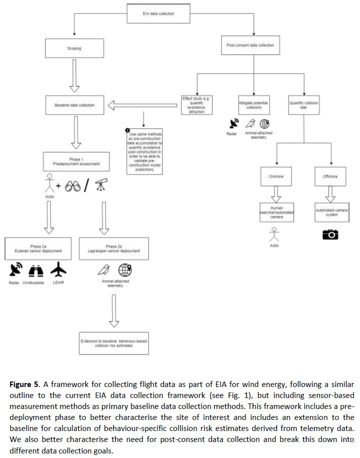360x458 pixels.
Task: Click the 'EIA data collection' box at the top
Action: (x=158, y=13)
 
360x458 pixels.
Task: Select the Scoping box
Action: (x=73, y=49)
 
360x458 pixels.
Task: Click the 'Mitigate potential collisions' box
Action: (x=253, y=105)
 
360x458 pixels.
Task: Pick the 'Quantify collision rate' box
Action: (x=302, y=105)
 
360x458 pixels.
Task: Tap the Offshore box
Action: (x=330, y=176)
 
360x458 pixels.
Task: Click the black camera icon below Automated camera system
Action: (x=330, y=234)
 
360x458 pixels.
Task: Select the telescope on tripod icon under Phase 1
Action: (x=103, y=185)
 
